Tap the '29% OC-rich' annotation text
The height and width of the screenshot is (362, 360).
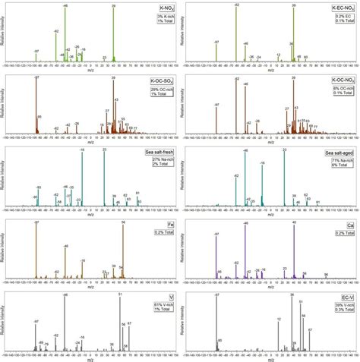coord(153,90)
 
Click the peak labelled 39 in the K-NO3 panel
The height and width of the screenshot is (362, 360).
coord(113,6)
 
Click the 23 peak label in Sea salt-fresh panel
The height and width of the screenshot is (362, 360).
coord(104,150)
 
